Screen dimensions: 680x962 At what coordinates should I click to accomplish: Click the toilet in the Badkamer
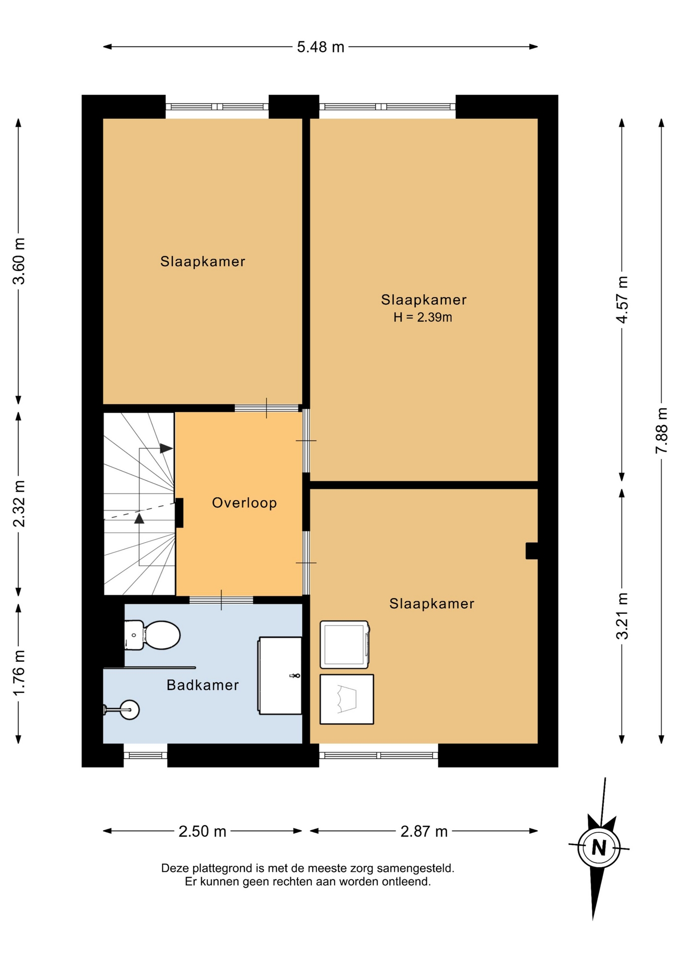[152, 635]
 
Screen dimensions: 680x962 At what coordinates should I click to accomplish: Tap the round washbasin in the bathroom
[130, 709]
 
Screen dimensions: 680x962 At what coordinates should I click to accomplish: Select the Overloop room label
[244, 503]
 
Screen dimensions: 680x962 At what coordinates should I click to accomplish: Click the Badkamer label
[203, 685]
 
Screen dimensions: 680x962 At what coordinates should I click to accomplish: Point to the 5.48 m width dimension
[320, 47]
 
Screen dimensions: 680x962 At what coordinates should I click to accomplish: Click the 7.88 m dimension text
[661, 430]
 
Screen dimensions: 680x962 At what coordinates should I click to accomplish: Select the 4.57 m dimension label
[621, 300]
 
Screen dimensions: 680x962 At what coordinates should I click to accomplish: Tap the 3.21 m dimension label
[621, 616]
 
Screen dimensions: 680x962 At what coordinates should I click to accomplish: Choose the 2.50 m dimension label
[202, 831]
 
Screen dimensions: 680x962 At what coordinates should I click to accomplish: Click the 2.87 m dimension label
[424, 831]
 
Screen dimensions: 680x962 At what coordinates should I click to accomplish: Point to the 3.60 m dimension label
[19, 261]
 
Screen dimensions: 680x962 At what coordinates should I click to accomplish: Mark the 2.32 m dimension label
[19, 504]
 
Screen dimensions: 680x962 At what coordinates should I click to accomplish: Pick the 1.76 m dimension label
[19, 672]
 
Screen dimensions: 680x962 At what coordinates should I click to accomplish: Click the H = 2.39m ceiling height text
[423, 317]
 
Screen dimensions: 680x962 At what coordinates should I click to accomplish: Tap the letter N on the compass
[599, 847]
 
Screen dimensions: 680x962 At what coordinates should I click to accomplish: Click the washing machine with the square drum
[345, 645]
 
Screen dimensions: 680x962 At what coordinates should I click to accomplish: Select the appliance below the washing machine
[347, 699]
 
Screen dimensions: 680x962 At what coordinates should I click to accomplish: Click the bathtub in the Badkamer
[280, 675]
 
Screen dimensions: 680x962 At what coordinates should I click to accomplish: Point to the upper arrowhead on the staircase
[166, 448]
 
